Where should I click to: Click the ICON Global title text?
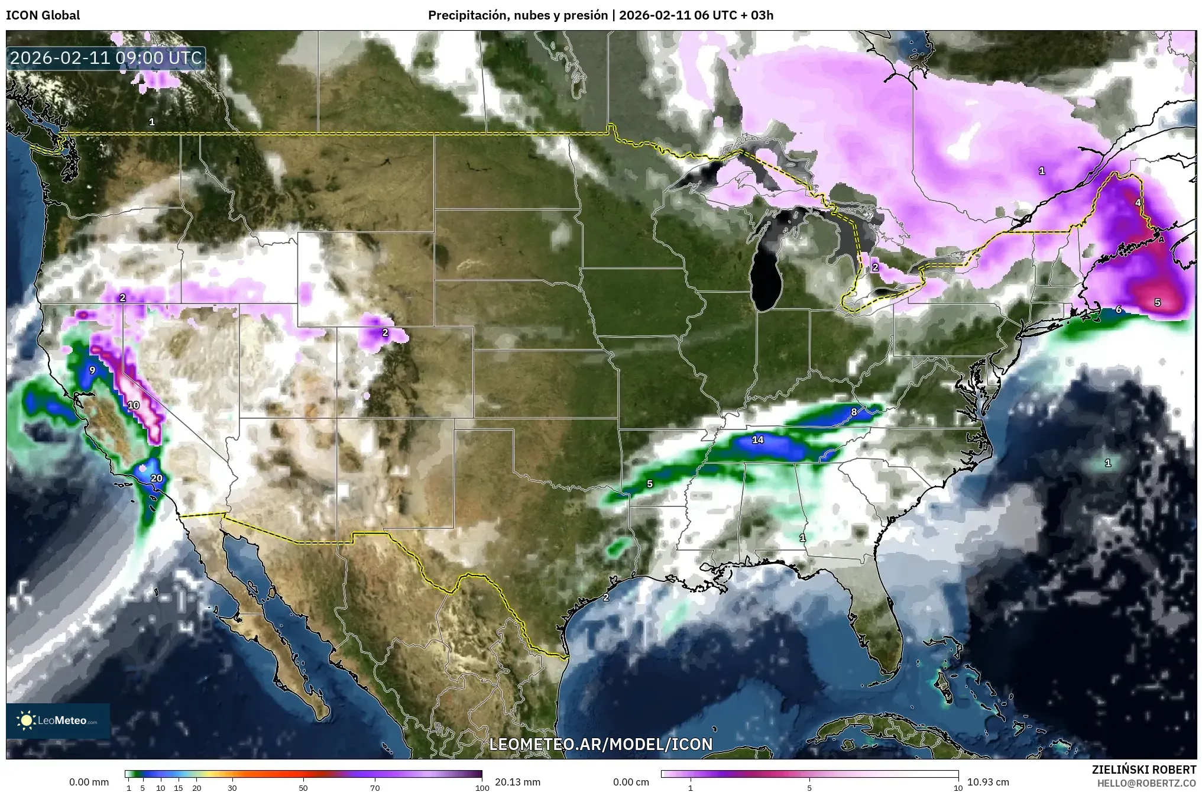pos(43,15)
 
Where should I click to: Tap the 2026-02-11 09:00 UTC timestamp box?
pos(106,58)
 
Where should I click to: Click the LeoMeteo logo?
pos(58,720)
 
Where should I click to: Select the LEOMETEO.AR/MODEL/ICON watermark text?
pos(601,744)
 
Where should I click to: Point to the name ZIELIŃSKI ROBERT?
pos(1143,770)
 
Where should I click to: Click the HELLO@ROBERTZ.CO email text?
pos(1146,783)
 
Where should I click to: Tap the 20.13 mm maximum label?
pos(517,782)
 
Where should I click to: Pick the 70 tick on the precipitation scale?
pos(375,787)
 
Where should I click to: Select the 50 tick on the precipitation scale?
pos(303,787)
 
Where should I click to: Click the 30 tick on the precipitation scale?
pos(232,787)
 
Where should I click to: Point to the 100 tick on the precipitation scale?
pos(482,787)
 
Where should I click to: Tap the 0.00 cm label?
pos(631,782)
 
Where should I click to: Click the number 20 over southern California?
pos(157,479)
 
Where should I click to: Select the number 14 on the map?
pos(758,439)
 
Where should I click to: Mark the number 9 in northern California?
pos(92,371)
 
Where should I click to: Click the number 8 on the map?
pos(854,412)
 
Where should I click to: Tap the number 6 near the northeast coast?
pos(1119,309)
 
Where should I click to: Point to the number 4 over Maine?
pos(1138,202)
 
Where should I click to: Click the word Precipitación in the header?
pos(465,15)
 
